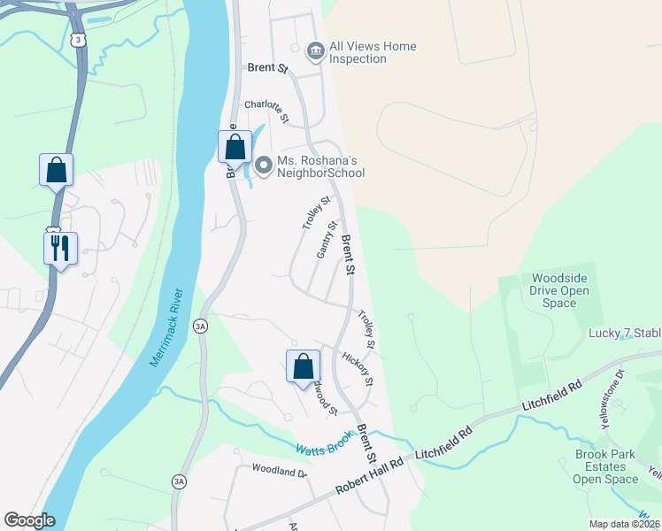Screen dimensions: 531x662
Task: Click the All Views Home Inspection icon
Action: (315, 52)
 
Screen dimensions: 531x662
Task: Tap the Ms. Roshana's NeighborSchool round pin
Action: (263, 165)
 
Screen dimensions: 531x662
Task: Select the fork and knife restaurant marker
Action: (60, 248)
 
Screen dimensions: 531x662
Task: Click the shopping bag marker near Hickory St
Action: (303, 365)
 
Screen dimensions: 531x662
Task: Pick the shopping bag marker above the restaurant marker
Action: (56, 169)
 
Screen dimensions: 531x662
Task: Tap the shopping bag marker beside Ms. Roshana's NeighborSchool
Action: (235, 146)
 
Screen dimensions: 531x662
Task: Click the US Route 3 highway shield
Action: (79, 41)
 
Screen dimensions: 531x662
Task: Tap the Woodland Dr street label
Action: (278, 472)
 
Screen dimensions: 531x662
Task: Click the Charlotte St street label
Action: (267, 111)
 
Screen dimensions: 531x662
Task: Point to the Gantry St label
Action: (327, 241)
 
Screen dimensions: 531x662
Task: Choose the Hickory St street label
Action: (358, 369)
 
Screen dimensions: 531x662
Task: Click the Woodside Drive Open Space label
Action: (559, 290)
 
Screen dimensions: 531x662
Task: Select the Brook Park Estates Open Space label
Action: (605, 466)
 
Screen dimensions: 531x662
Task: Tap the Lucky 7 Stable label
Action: (625, 334)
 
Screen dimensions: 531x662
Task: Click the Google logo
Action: (29, 520)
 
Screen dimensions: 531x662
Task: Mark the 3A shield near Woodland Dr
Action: (180, 481)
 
